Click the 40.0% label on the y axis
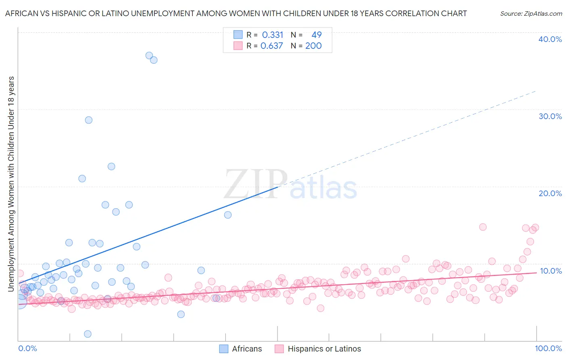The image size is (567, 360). pyautogui.click(x=550, y=39)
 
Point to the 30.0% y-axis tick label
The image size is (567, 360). pyautogui.click(x=550, y=116)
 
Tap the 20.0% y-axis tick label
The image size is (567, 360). pyautogui.click(x=550, y=193)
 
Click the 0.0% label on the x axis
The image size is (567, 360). pyautogui.click(x=27, y=348)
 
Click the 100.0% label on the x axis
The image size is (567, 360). pyautogui.click(x=548, y=348)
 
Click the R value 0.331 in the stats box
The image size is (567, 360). pyautogui.click(x=273, y=35)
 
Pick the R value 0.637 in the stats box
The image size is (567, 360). pyautogui.click(x=272, y=46)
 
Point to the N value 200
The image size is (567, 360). pyautogui.click(x=313, y=46)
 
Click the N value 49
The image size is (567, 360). pyautogui.click(x=316, y=35)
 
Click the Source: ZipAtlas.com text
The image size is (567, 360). pyautogui.click(x=531, y=14)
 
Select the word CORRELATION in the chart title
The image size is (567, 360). pyautogui.click(x=411, y=13)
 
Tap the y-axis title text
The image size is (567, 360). pyautogui.click(x=11, y=184)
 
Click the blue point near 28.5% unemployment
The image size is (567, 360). pyautogui.click(x=89, y=120)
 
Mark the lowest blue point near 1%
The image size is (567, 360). pyautogui.click(x=88, y=334)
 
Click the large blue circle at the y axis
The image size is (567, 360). pyautogui.click(x=19, y=301)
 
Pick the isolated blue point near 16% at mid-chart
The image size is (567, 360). pyautogui.click(x=228, y=215)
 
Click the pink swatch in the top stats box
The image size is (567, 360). pyautogui.click(x=238, y=46)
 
